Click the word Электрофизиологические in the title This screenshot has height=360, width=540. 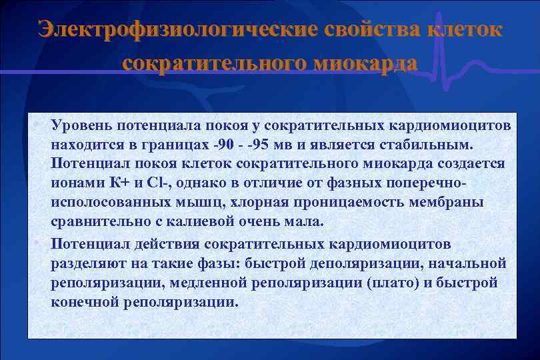point(177,31)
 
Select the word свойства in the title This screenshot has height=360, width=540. point(374,31)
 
